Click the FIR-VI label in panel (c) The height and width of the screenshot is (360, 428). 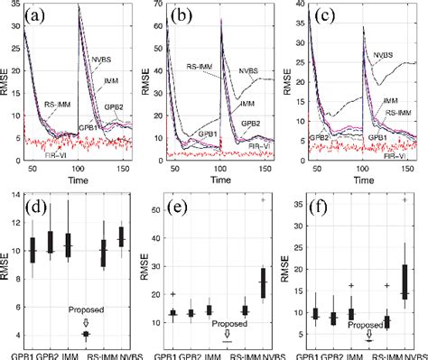click(387, 155)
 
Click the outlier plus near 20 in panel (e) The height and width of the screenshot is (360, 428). click(172, 294)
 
